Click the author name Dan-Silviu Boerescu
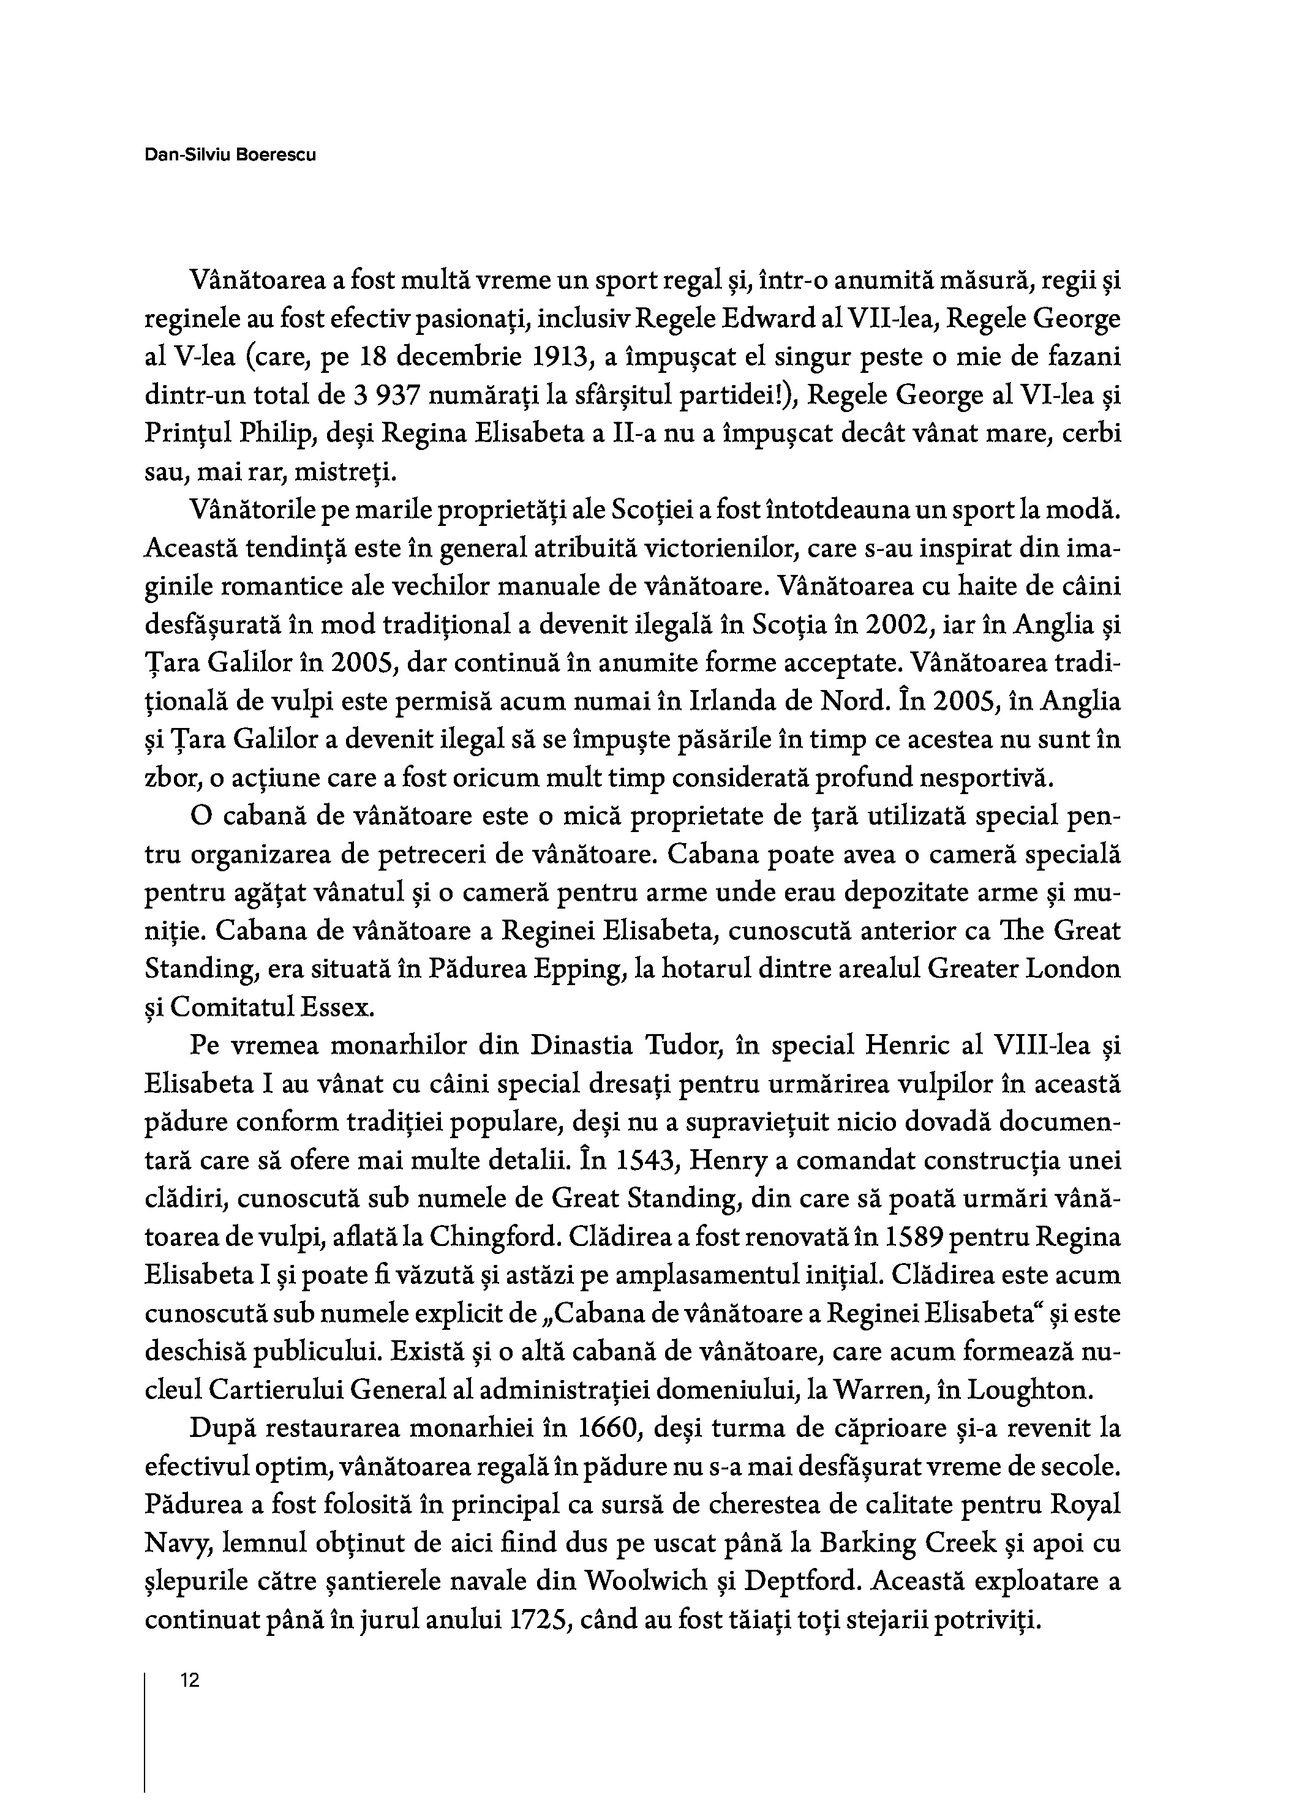click(230, 155)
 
